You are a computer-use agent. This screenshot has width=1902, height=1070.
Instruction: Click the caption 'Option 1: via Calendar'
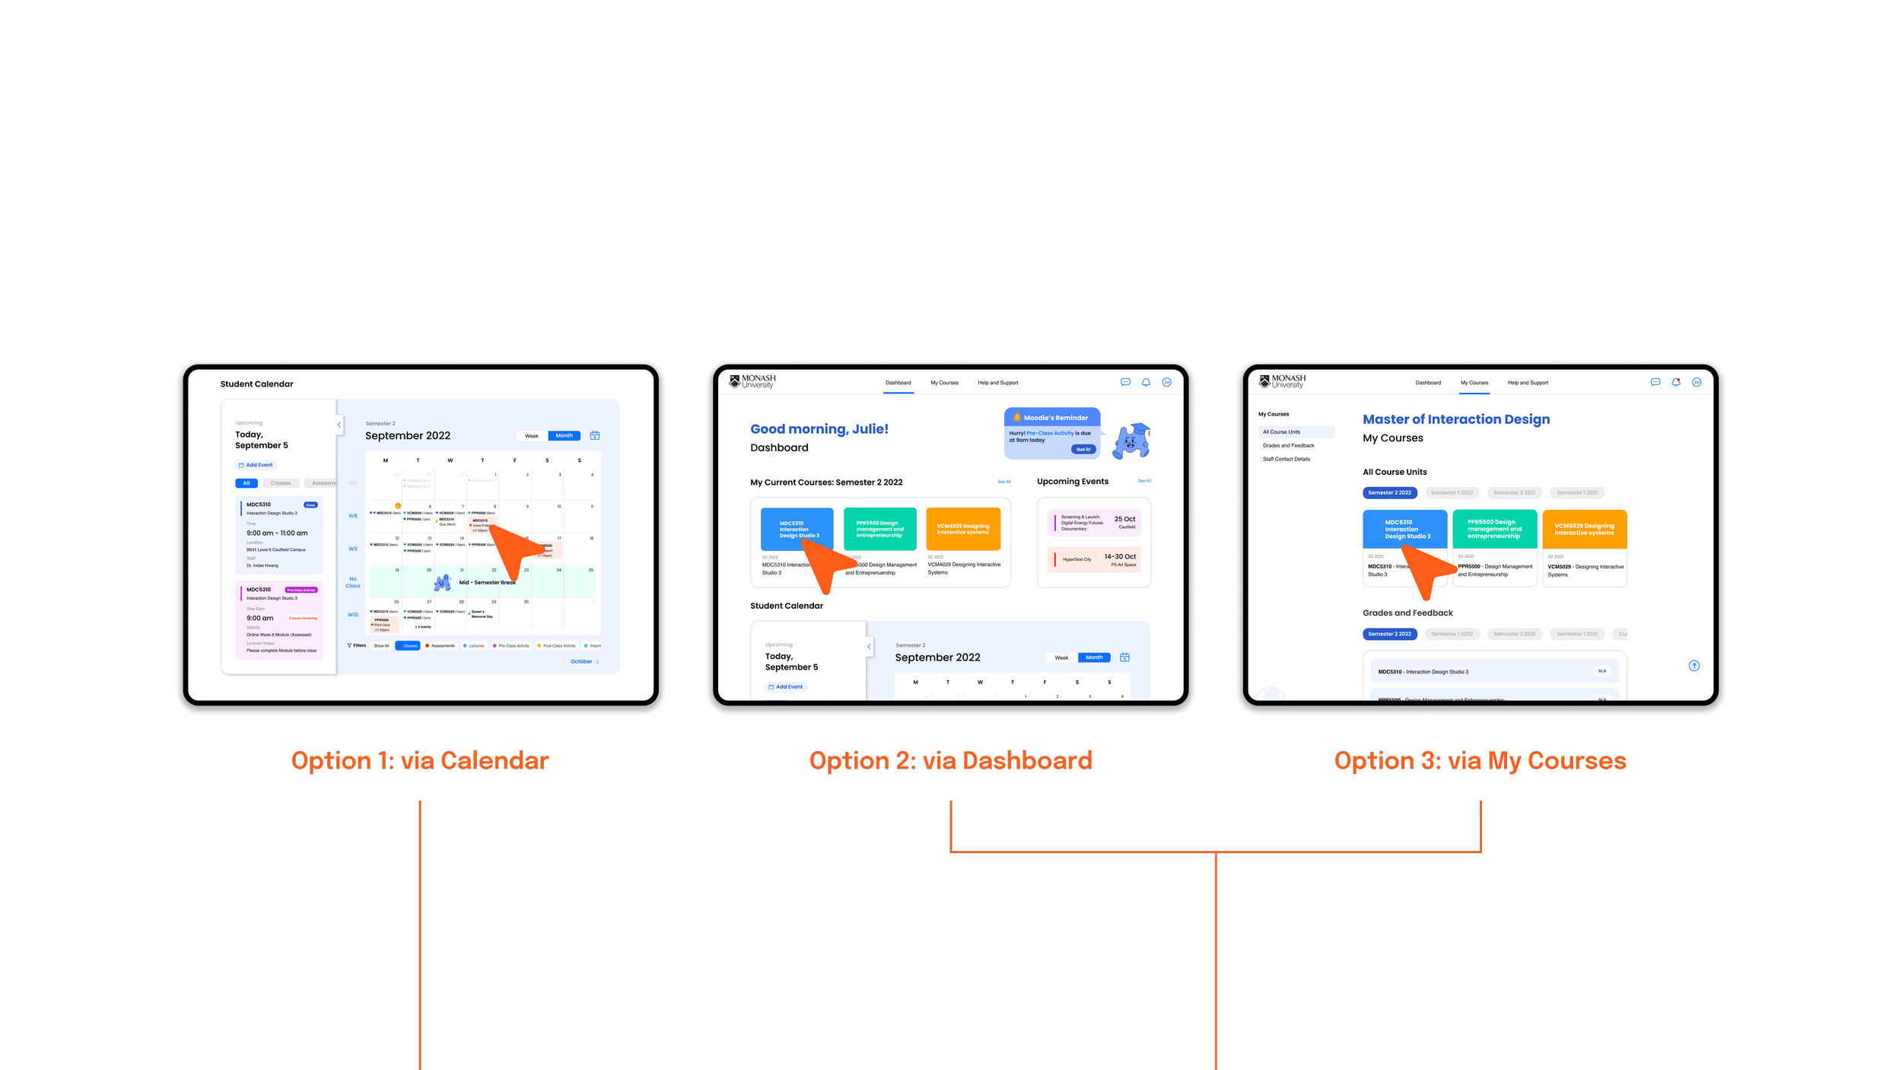tap(420, 761)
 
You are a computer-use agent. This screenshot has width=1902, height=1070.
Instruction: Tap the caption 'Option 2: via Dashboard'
tap(950, 761)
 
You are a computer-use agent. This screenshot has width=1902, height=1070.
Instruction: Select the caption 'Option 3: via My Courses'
tap(1480, 761)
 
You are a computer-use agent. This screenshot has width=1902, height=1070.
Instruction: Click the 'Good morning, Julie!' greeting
tap(819, 429)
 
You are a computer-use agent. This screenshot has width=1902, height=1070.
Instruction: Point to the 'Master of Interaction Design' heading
tap(1455, 419)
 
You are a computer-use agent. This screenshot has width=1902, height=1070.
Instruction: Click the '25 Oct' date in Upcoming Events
tap(1124, 519)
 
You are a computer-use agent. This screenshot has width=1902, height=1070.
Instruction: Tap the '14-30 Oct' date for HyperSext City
tap(1120, 556)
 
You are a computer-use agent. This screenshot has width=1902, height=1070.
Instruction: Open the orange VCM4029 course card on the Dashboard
tap(962, 529)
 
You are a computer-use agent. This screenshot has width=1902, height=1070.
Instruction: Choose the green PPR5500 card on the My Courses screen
tap(1494, 529)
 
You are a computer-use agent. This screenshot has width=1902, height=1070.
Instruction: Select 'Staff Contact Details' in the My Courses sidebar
tap(1286, 459)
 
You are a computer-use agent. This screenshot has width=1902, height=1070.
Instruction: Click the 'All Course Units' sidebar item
tap(1281, 432)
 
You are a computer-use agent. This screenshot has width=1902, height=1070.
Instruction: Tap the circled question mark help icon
tap(1694, 666)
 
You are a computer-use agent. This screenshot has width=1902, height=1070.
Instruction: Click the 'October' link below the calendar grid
tap(582, 661)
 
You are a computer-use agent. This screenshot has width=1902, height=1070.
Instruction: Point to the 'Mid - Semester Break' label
tap(487, 582)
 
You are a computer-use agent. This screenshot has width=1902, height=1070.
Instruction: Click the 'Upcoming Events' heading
tap(1072, 482)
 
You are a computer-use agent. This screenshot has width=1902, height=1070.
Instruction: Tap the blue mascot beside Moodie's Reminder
tap(1131, 441)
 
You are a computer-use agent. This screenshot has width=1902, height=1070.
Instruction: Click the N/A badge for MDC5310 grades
tap(1601, 671)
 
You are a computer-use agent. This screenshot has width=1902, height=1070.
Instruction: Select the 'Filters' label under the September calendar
tap(358, 645)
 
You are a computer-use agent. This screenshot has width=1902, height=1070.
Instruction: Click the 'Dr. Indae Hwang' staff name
tap(262, 565)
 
